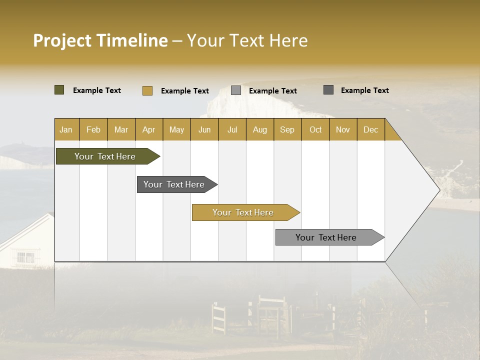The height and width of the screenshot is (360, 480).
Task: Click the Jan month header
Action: pos(66,129)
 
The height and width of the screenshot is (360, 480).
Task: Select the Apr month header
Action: pos(148,129)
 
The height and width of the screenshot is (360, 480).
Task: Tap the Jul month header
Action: pos(232,129)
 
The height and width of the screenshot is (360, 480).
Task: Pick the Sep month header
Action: pos(287,129)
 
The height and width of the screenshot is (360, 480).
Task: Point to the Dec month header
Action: pos(370,129)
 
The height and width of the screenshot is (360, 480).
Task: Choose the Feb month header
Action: pos(93,129)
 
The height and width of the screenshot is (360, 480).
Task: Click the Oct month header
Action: pos(315,129)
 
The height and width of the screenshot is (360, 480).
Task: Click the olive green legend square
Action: pos(59,90)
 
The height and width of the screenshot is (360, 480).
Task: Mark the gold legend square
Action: pos(147,90)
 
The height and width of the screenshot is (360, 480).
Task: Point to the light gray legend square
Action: pos(236,90)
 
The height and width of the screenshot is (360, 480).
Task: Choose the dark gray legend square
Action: pos(328,90)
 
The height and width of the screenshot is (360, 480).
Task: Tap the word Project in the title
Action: pos(62,40)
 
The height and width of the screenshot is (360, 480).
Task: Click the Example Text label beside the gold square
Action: pos(185,91)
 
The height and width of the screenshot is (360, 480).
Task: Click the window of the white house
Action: pos(25,257)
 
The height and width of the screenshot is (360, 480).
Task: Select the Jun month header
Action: pos(204,129)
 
